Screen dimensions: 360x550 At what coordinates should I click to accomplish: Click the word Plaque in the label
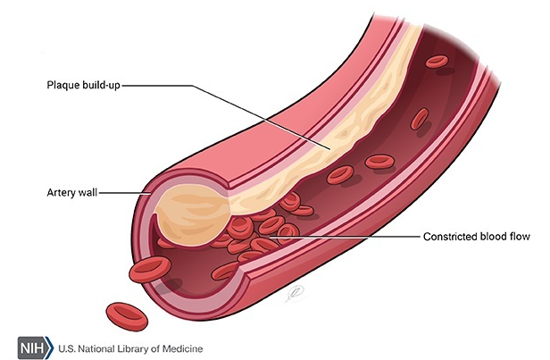click(x=63, y=86)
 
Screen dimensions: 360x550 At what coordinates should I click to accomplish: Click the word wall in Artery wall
click(x=89, y=191)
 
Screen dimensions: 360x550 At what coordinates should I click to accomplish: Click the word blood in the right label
click(x=496, y=238)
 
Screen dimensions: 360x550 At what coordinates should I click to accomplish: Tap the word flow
click(x=522, y=238)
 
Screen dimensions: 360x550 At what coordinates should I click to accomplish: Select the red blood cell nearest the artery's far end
click(x=437, y=61)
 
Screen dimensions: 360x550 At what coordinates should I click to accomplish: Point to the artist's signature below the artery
click(x=294, y=289)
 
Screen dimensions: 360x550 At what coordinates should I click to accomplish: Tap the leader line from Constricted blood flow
click(x=357, y=237)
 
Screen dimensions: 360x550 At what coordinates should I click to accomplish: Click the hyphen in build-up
click(x=102, y=87)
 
